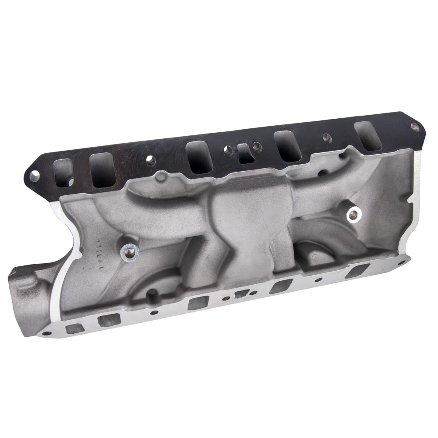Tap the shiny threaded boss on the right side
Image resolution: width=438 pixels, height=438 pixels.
353,214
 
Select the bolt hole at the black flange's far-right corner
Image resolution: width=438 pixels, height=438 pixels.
414,127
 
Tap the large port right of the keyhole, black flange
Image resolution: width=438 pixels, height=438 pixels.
287,146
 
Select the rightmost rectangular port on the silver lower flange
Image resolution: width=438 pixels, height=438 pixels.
354,272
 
